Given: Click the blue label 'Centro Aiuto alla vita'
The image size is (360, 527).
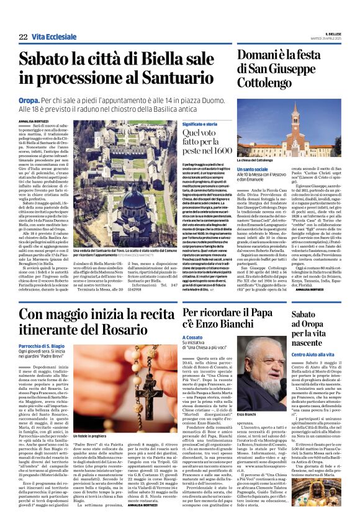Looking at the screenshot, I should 315,354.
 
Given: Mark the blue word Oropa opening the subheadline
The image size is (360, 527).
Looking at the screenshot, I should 29,99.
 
